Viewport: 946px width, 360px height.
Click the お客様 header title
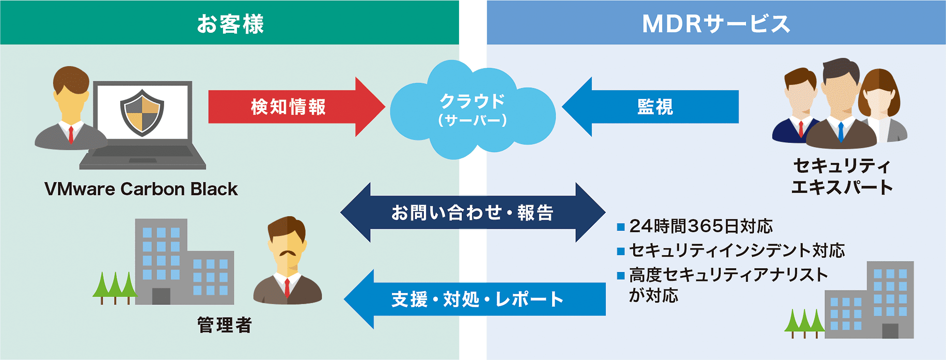[230, 24]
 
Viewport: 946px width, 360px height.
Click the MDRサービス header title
[716, 24]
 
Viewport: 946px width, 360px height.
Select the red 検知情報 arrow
[296, 107]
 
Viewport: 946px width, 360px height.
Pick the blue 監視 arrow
[650, 107]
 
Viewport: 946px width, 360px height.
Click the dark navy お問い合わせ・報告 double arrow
[473, 212]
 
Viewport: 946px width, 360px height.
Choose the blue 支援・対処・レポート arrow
[474, 299]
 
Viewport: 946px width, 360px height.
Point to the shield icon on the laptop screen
[142, 112]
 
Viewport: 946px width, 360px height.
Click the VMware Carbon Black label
[141, 189]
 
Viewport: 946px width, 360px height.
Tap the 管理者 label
[224, 325]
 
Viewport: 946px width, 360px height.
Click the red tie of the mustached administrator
[287, 288]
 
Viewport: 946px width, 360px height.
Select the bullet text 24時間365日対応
[701, 226]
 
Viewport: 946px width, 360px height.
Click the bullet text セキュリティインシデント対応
[737, 250]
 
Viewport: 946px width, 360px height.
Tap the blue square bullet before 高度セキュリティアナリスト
[621, 276]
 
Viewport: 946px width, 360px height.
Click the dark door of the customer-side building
[161, 296]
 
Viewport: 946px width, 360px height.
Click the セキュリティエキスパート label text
[842, 176]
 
